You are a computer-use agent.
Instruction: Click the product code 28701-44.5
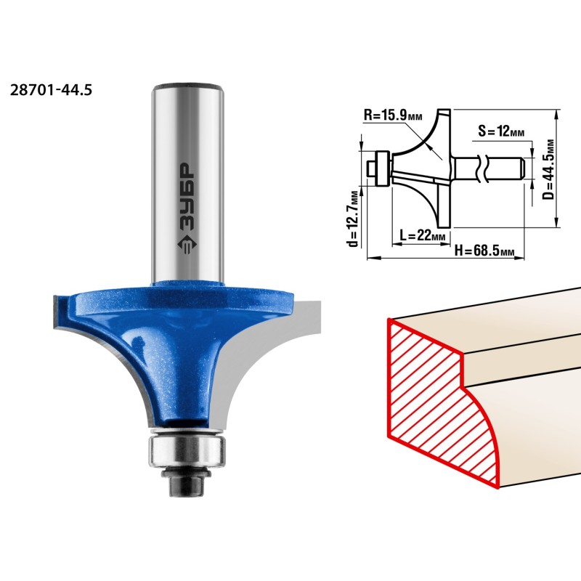pyautogui.click(x=51, y=90)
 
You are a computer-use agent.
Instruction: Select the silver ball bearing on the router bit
pyautogui.click(x=187, y=451)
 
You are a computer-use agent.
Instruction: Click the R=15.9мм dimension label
pyautogui.click(x=392, y=115)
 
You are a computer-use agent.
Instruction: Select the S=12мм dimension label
pyautogui.click(x=501, y=131)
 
